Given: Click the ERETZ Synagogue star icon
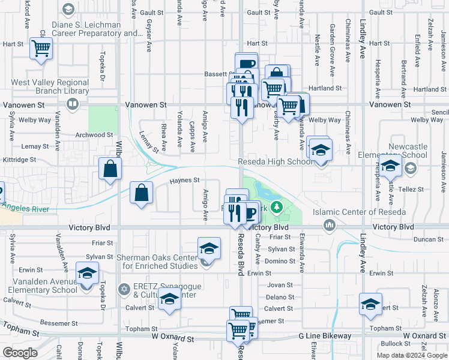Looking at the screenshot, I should pyautogui.click(x=124, y=289).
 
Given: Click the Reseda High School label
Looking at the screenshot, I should pyautogui.click(x=275, y=161).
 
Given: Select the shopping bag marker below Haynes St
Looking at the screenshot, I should pyautogui.click(x=141, y=193).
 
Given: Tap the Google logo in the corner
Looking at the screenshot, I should pyautogui.click(x=20, y=352).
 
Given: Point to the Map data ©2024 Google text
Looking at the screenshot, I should pyautogui.click(x=411, y=355).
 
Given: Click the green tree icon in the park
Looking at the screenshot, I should pyautogui.click(x=276, y=208).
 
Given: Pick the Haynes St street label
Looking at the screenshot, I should pyautogui.click(x=184, y=180).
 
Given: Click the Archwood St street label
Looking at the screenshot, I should pyautogui.click(x=94, y=135).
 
